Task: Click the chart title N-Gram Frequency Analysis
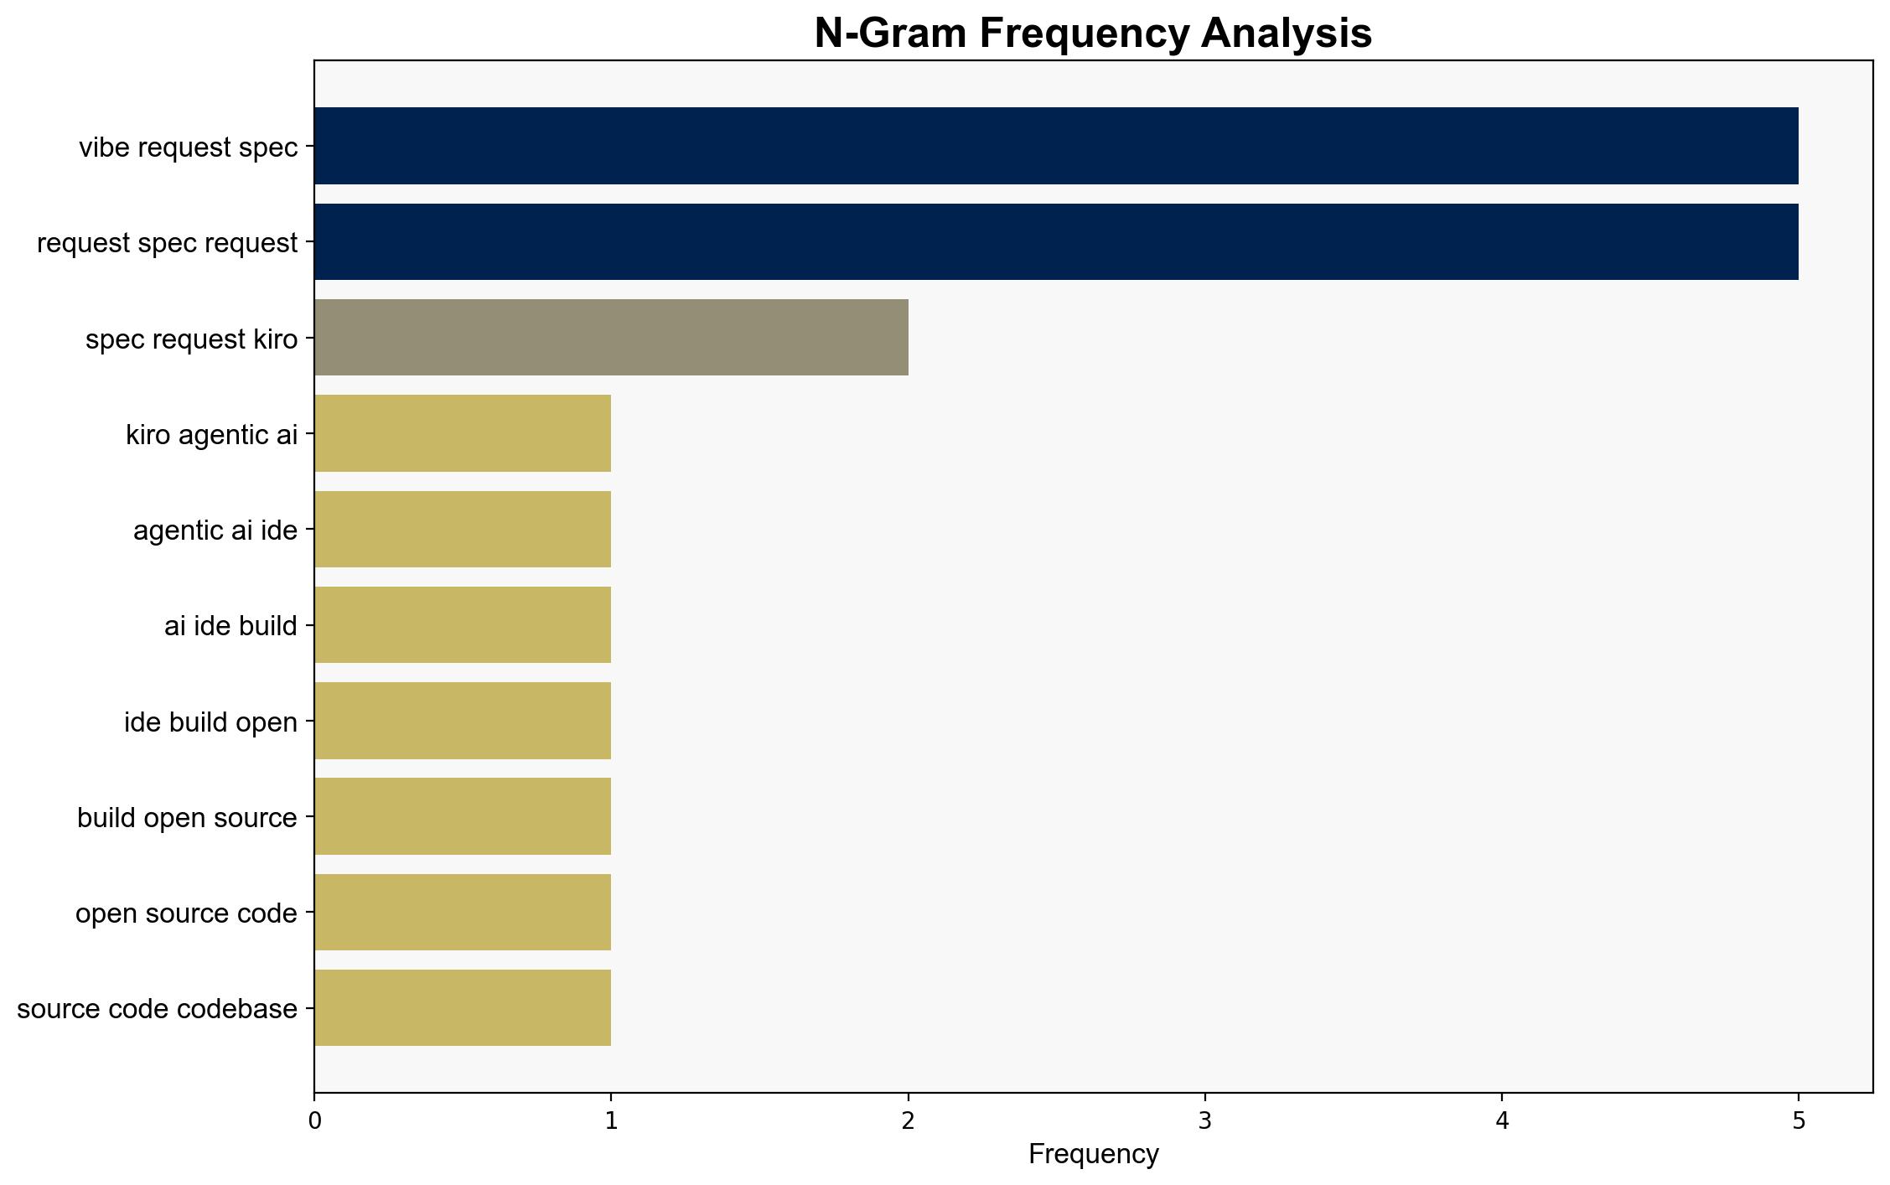1093,34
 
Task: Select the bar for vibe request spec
1056,146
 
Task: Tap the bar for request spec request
1056,242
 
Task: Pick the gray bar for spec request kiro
612,338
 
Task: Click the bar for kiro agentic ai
463,433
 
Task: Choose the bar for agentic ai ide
463,530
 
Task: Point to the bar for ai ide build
463,625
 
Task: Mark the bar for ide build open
463,721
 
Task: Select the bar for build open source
463,816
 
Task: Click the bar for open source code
463,913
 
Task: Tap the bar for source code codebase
463,1008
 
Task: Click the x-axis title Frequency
1093,1154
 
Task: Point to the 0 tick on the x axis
314,1093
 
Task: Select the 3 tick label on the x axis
1205,1121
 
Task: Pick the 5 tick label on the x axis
1799,1121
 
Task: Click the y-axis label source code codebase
158,1008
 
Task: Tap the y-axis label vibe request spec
189,147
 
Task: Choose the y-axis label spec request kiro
192,339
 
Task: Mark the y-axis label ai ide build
231,626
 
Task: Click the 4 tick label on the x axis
1502,1121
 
